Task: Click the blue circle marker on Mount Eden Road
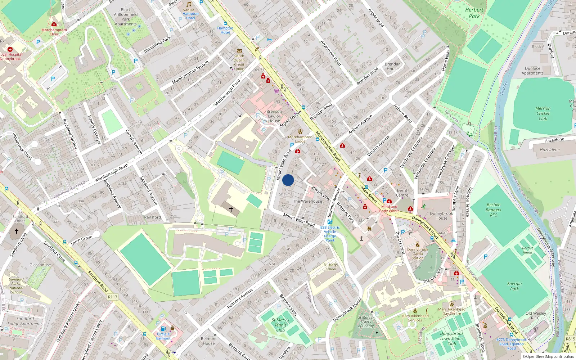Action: click(x=288, y=180)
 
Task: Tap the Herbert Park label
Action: click(x=474, y=13)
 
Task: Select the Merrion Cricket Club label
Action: click(x=543, y=113)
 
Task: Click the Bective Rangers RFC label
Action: click(x=493, y=210)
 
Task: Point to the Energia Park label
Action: click(x=514, y=286)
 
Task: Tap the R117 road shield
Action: click(x=113, y=297)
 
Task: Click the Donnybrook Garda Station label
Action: click(x=418, y=253)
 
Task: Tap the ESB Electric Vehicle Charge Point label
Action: click(x=330, y=234)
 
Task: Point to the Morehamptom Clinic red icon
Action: click(x=54, y=24)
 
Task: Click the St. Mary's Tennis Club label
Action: click(x=280, y=325)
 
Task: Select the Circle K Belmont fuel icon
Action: click(x=163, y=329)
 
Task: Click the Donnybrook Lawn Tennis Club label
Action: click(x=452, y=338)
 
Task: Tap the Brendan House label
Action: click(x=392, y=66)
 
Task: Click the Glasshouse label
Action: click(x=40, y=265)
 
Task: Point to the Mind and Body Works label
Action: click(x=389, y=209)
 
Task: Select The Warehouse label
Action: click(x=307, y=201)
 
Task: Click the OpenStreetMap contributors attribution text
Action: click(x=548, y=357)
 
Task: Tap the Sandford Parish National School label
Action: click(x=16, y=285)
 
